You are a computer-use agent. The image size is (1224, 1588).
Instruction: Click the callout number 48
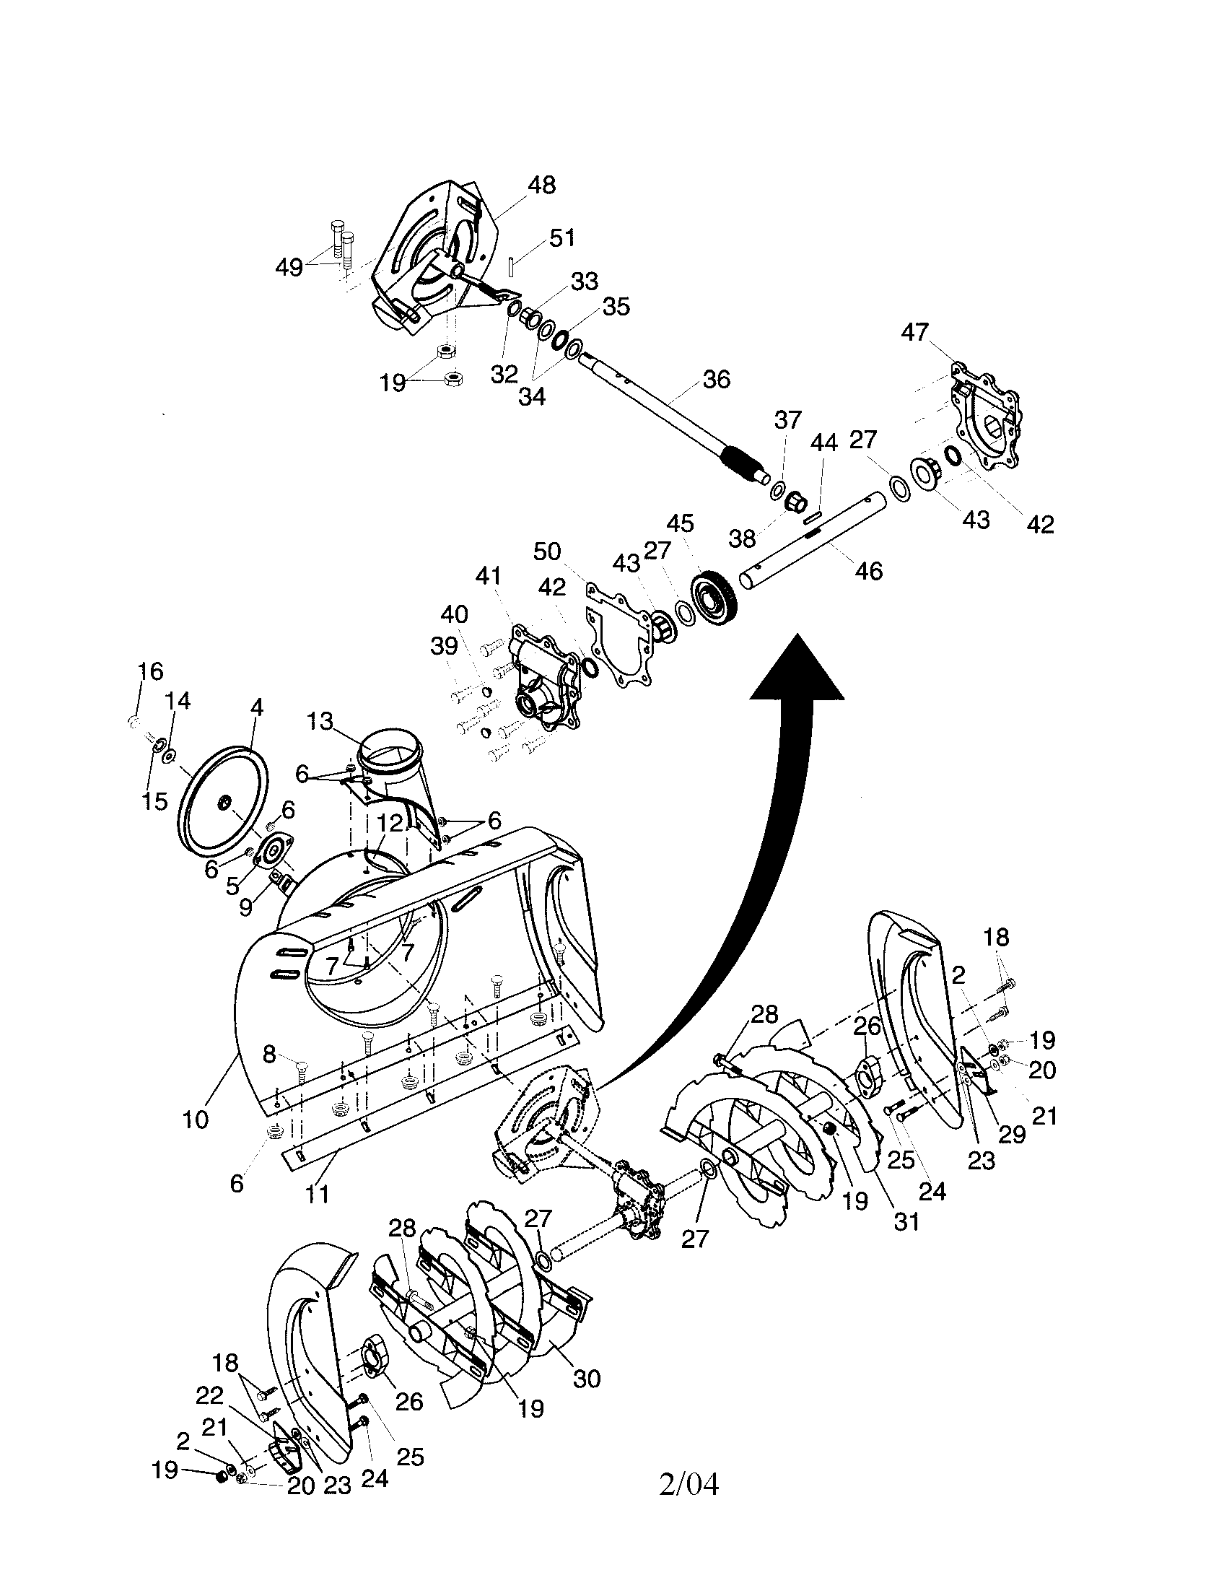point(541,185)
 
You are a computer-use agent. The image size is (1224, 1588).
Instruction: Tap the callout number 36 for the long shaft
point(716,379)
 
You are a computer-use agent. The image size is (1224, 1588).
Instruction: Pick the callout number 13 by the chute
point(319,721)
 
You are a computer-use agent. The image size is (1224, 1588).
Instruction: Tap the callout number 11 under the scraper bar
point(317,1193)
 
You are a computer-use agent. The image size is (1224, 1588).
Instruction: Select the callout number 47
point(914,332)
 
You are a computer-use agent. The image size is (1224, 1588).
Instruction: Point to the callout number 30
point(587,1378)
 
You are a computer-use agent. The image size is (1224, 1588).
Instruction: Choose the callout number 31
point(906,1222)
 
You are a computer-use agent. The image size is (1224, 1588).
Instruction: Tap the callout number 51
point(562,237)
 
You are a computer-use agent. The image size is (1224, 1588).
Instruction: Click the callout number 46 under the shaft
point(869,571)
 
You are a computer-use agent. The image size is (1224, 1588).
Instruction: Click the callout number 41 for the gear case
point(489,577)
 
